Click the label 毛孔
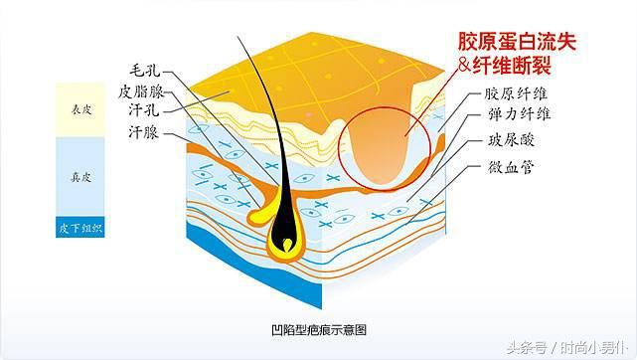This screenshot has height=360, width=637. click(145, 73)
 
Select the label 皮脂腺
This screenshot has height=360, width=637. click(139, 90)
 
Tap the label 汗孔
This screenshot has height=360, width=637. click(145, 109)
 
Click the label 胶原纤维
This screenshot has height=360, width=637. click(516, 94)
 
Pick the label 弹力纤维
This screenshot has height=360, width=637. click(516, 116)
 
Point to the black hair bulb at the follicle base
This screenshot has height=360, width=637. click(286, 239)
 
